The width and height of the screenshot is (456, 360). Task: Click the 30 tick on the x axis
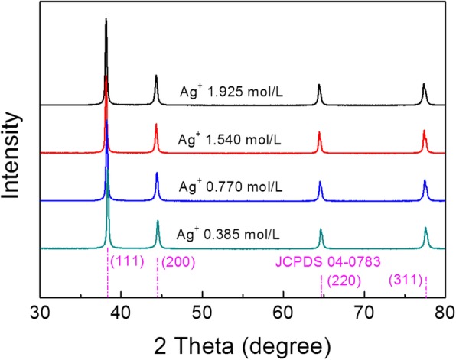pos(40,312)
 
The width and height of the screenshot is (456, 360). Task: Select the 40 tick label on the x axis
pos(121,312)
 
